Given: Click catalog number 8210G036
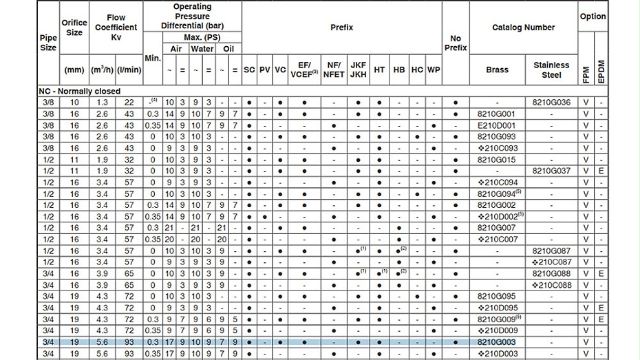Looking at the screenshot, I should click(x=552, y=103).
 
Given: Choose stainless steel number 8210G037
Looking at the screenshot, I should click(x=552, y=171).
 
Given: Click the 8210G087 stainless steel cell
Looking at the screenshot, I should click(x=552, y=251).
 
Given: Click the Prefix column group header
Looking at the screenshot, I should click(x=342, y=28).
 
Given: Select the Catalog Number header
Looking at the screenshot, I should click(x=523, y=28).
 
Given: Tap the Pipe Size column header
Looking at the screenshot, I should click(x=48, y=43).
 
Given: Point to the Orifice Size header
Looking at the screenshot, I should click(x=74, y=28).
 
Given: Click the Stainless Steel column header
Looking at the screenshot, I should click(x=552, y=70).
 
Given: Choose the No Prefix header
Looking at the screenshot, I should click(x=456, y=43).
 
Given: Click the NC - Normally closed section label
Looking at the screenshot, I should click(x=79, y=91).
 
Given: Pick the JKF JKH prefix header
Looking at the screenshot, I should click(x=358, y=70).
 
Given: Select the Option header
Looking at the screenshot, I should click(x=593, y=16).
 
